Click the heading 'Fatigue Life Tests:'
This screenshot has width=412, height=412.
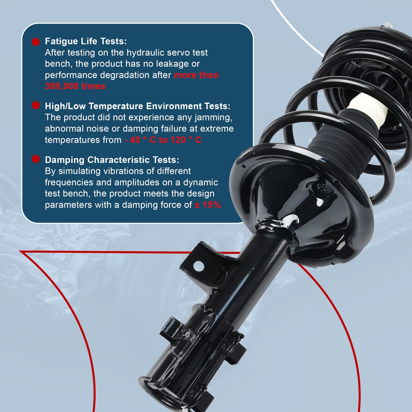pos(86,41)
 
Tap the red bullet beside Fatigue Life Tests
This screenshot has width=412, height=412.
pos(36,42)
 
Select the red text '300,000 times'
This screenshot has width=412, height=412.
pos(75,86)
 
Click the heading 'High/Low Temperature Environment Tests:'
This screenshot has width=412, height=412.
pos(137,106)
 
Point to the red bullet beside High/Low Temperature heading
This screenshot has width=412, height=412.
pos(36,105)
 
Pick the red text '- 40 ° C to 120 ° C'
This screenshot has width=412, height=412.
pos(163,140)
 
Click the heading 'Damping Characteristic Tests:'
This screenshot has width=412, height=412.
pos(112,160)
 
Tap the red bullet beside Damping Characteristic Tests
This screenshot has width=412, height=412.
pos(36,159)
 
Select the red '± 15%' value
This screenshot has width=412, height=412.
pos(208,205)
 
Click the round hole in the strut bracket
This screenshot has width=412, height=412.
pos(198,266)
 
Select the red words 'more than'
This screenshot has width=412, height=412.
pos(196,75)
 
